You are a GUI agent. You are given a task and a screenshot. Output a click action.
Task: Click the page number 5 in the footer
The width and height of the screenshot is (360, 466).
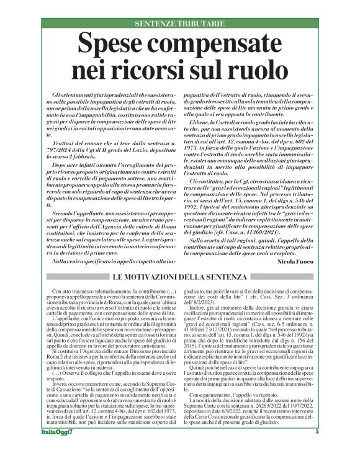point(317,449)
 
